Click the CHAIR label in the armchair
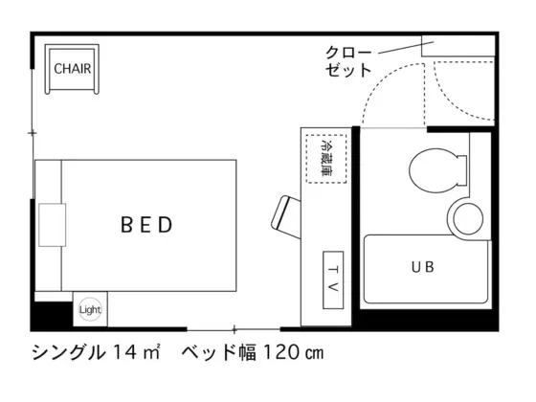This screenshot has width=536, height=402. pos(73,69)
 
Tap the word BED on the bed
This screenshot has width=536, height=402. pos(147,225)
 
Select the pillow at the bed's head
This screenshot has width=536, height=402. pos(52,225)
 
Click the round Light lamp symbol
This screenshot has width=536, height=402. pos(90,310)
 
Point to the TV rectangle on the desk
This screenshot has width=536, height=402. pos(333,279)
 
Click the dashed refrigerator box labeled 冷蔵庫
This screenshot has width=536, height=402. pos(326,159)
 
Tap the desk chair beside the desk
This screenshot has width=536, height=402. pos(286,217)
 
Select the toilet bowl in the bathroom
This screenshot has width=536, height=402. pos(435,170)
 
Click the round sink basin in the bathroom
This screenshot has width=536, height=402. pos(468,218)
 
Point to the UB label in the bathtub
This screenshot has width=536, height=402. pos(423,267)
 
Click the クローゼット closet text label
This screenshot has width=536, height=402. pos(348,61)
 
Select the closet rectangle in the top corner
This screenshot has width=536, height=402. pos(458,46)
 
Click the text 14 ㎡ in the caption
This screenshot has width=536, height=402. pos(136,352)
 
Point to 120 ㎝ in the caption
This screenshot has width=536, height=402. pos(293,352)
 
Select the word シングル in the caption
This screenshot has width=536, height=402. pos(68,352)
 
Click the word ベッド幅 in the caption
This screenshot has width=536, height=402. pos(219,352)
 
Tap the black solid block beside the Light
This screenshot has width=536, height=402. pos(52,315)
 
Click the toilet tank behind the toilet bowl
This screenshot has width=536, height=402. pos(462,170)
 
